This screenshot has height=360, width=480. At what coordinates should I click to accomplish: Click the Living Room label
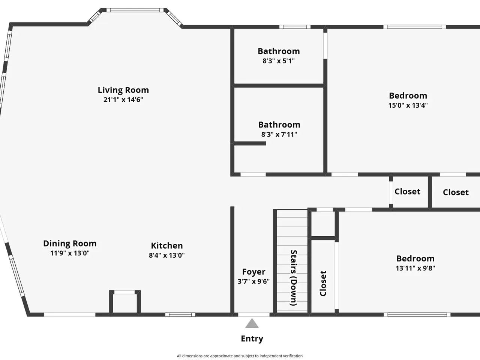123,90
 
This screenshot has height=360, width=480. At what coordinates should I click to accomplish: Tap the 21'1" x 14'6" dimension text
123,100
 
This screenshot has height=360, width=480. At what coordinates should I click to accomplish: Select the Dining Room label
70,243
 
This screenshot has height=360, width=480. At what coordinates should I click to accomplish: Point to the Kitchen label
167,246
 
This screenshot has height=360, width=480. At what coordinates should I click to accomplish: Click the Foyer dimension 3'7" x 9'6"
253,281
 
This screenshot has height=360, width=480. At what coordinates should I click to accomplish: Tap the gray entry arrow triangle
252,323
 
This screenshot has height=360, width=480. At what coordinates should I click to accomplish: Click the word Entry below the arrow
252,339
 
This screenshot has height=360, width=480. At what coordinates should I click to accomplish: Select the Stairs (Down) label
294,278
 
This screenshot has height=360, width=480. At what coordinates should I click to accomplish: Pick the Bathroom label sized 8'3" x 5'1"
279,51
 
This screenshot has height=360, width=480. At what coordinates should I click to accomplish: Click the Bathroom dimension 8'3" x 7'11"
279,134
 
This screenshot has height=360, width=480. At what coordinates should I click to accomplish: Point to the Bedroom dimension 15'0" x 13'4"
408,105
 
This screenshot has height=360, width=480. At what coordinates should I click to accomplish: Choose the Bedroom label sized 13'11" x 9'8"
415,259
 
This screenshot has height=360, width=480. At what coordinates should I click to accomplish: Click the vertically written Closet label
323,283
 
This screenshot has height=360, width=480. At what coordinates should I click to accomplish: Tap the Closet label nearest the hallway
407,192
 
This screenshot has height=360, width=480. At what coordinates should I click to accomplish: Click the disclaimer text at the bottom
240,356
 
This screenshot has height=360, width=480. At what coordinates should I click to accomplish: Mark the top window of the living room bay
135,10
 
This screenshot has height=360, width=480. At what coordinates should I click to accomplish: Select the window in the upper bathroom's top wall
295,27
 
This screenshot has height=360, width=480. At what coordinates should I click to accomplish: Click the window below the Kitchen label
180,315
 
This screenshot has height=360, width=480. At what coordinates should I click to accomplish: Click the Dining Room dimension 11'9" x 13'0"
70,253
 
